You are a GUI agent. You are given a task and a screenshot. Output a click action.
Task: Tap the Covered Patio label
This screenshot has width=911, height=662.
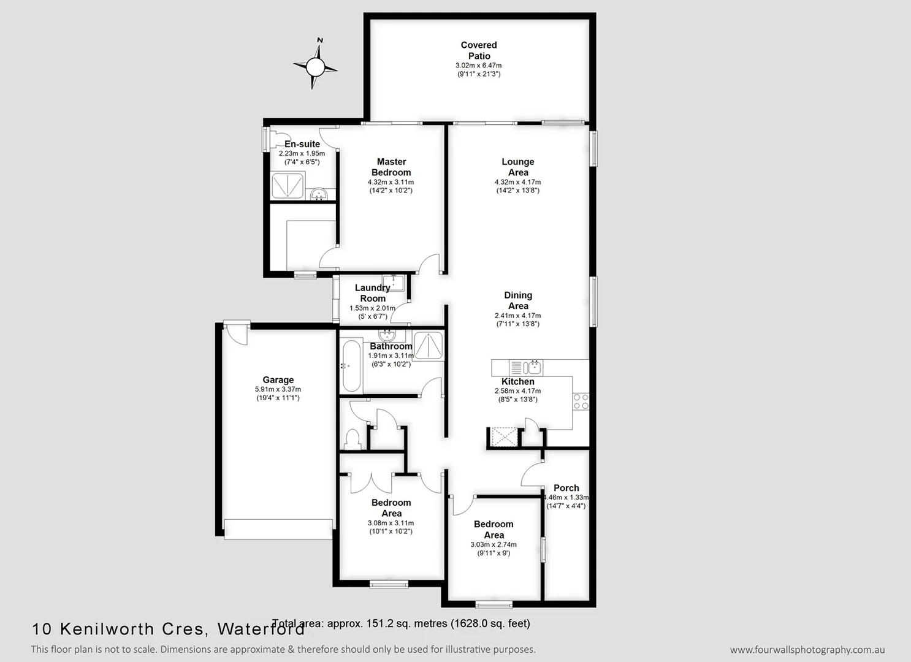479,50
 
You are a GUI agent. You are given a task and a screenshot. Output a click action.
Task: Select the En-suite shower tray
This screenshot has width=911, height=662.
288,186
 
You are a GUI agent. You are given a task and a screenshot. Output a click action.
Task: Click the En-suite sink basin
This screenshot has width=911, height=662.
319,195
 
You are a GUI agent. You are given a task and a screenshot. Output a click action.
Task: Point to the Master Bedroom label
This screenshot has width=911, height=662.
391,167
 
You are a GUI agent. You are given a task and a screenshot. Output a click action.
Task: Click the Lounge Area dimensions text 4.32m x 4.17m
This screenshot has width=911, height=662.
517,182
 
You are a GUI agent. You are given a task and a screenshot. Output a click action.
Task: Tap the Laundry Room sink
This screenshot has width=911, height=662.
397,283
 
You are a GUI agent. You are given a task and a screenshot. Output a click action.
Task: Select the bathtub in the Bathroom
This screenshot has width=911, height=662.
351,366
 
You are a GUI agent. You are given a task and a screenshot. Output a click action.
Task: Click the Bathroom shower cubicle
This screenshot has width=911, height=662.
429,345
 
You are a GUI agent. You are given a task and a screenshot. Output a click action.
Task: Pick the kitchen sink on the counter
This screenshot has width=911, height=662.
533,367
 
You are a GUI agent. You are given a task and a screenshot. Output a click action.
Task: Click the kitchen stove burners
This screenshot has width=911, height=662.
580,401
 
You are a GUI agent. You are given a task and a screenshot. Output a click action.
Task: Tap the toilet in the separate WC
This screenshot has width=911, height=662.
353,439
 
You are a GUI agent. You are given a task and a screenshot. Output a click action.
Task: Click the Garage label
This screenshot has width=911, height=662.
278,380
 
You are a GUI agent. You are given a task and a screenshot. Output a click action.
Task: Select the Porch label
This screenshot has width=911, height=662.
566,488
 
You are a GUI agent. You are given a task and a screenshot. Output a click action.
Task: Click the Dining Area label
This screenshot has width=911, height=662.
518,300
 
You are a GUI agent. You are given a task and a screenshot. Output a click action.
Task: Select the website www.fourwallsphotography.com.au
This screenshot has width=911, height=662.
807,650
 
